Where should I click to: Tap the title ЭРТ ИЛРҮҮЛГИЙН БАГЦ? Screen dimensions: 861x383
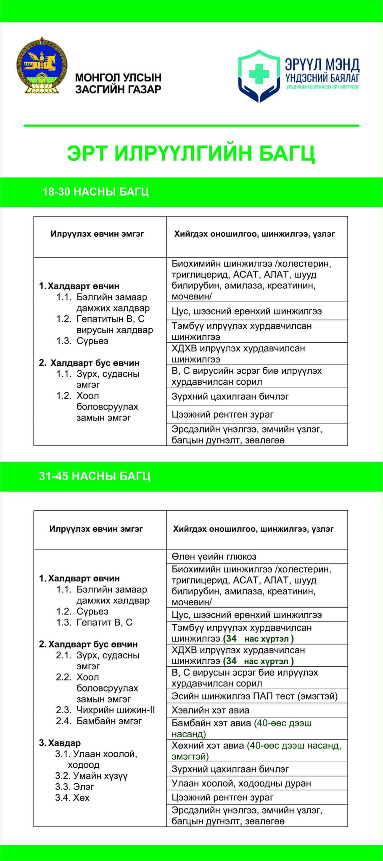click(x=191, y=154)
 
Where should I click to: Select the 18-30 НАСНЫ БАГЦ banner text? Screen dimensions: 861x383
click(x=95, y=192)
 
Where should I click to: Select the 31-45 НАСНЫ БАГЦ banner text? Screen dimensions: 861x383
click(x=95, y=476)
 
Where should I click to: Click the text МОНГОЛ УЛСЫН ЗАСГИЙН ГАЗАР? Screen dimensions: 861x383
click(x=118, y=83)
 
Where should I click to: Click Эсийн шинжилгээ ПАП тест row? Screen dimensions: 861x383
click(x=254, y=696)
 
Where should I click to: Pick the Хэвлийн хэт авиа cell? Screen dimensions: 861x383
click(x=210, y=710)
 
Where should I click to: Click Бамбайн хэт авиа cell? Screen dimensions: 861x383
click(x=241, y=728)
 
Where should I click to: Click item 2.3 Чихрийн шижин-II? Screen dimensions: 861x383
click(x=105, y=710)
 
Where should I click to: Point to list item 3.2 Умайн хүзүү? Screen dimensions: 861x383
click(x=91, y=776)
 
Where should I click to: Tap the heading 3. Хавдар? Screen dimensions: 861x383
click(x=60, y=743)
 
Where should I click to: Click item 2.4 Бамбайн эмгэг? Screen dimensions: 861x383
click(x=99, y=721)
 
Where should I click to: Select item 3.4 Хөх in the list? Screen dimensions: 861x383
click(x=72, y=798)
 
